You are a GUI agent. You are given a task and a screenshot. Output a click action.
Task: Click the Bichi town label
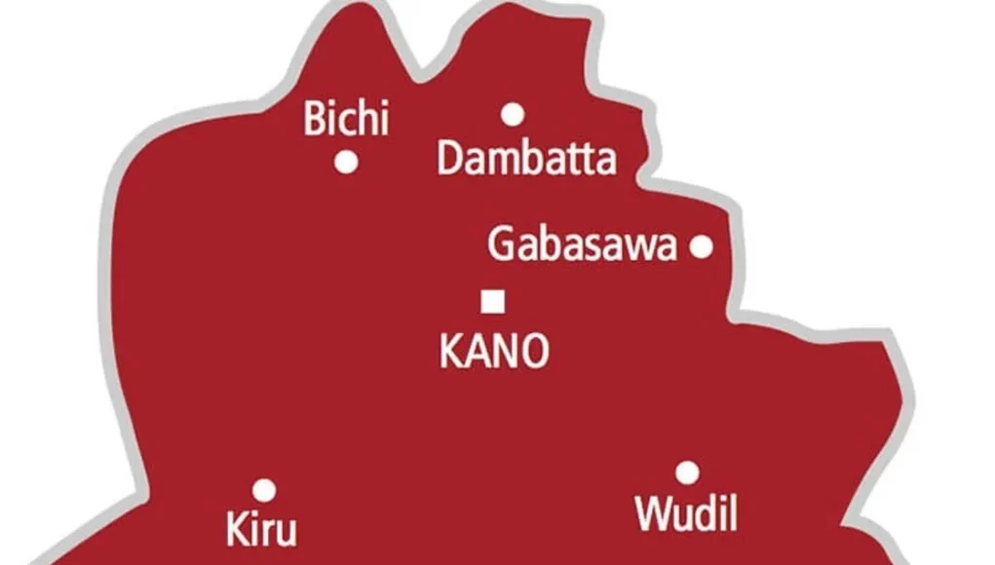[x=346, y=119]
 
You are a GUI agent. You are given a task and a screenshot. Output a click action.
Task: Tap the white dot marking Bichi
[x=346, y=163]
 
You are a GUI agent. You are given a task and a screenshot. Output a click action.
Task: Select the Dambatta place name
[x=526, y=159]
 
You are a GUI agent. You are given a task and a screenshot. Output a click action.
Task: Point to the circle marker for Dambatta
[x=513, y=115]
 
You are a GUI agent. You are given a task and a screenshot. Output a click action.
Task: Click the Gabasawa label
[x=582, y=245]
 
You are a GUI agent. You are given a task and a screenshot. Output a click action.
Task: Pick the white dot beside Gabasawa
[x=701, y=246]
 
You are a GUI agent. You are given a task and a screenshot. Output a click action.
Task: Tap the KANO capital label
[x=494, y=352]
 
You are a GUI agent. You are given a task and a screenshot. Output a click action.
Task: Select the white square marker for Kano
[x=493, y=302]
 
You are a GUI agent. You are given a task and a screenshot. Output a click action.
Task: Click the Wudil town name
[x=685, y=513]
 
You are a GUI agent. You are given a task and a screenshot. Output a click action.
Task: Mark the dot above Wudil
[x=687, y=473]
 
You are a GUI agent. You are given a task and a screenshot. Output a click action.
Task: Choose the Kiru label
[x=260, y=532]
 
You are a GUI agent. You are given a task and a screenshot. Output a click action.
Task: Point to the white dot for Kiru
[x=264, y=490]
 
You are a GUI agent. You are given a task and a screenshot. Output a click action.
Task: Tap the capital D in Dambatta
[x=449, y=159]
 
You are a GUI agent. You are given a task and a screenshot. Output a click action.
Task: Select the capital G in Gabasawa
[x=501, y=245]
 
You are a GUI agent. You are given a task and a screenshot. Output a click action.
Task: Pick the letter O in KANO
[x=534, y=352]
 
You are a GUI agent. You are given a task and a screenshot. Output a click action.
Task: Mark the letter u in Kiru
[x=283, y=534]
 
